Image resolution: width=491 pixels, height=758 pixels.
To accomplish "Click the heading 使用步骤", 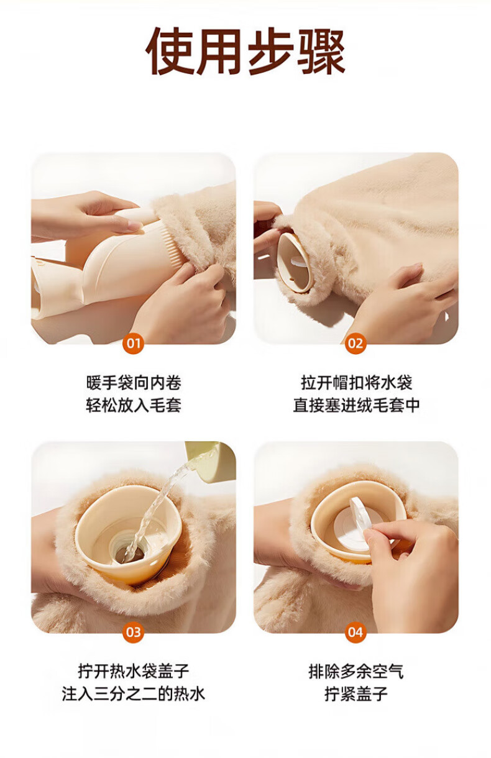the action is [245, 52].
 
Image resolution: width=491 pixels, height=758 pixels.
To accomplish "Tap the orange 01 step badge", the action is [134, 344].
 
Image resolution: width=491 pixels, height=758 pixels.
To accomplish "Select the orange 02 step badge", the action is [356, 344].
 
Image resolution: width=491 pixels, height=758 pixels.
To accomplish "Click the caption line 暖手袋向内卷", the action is [134, 383].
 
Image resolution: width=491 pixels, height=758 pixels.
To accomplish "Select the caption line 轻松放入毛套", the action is [134, 405].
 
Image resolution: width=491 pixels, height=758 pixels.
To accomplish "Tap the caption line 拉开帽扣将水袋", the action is [356, 383].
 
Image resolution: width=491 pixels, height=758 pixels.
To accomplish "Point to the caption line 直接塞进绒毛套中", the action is [356, 405].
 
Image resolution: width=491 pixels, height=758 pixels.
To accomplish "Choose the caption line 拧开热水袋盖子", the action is [134, 671].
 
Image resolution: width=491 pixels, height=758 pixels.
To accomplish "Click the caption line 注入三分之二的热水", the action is [134, 694].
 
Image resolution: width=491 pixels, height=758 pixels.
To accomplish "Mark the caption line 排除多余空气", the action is [356, 671].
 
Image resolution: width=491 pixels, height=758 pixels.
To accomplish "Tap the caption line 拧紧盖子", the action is [356, 694].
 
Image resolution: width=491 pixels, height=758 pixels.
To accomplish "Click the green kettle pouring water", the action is [213, 460].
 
